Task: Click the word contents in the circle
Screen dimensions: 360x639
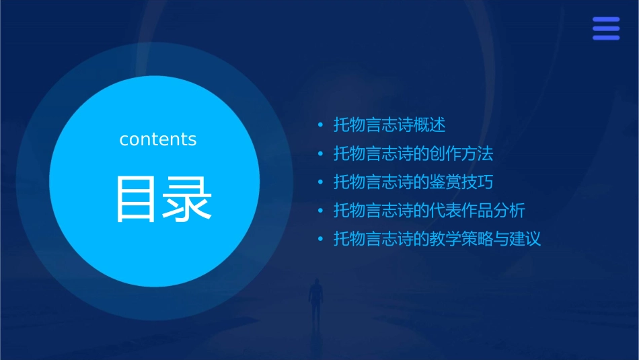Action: (158, 139)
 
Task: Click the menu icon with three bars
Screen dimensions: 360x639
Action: (605, 29)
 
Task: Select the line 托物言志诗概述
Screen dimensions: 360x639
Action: (389, 125)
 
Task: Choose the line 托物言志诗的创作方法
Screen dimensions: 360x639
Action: (413, 154)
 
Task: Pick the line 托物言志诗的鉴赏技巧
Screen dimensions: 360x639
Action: (413, 182)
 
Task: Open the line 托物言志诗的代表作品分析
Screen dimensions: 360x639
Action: (429, 211)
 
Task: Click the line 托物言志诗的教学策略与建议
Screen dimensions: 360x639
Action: (437, 239)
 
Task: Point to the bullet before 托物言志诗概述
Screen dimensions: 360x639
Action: (321, 126)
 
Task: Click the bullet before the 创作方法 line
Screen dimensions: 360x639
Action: (321, 154)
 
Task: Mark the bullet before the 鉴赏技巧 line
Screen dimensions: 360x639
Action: (321, 182)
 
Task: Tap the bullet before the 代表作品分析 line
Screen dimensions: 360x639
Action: (321, 211)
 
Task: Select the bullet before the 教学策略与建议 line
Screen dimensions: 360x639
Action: (321, 239)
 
